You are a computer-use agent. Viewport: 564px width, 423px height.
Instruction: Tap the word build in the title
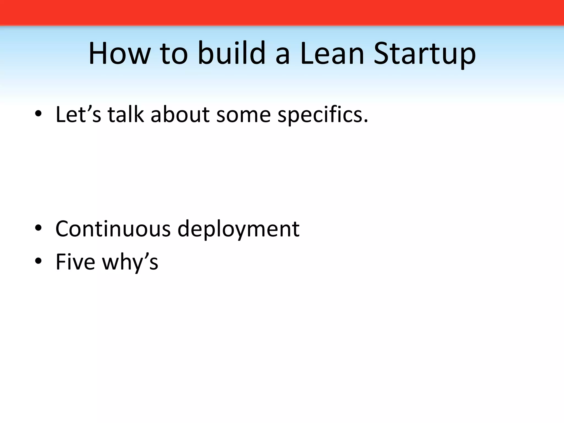point(232,53)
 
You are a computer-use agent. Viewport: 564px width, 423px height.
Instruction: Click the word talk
point(126,114)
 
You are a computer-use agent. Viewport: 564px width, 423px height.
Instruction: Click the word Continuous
point(113,229)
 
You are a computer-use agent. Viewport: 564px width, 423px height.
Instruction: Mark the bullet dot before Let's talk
point(38,115)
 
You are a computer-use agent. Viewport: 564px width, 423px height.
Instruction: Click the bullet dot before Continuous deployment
point(38,228)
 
